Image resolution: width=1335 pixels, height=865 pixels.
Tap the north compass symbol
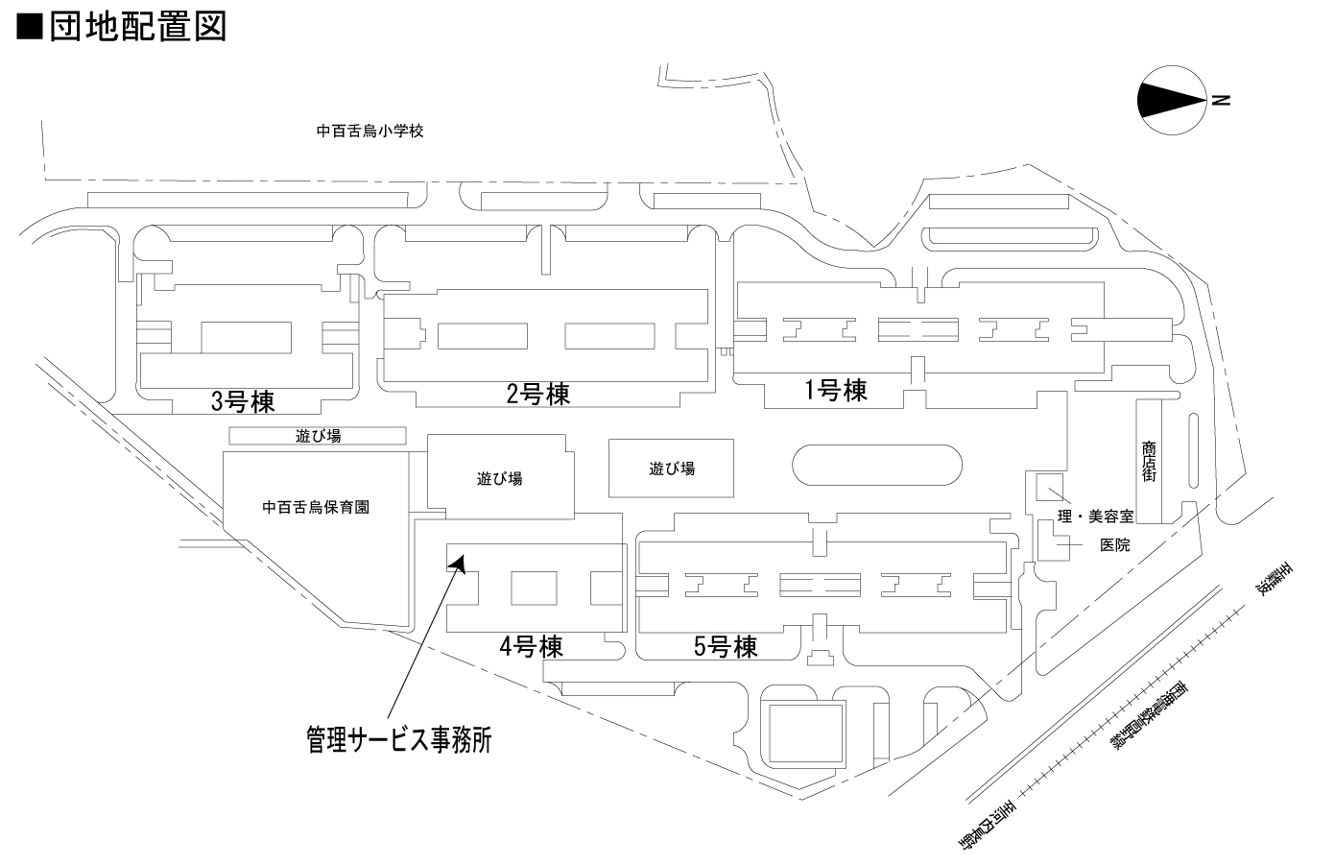(1171, 100)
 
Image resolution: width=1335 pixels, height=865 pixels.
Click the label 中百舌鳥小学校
(370, 131)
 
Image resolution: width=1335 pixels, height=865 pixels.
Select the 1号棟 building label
(835, 391)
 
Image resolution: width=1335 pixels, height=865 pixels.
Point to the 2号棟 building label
(538, 394)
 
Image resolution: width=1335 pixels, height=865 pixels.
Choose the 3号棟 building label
(243, 400)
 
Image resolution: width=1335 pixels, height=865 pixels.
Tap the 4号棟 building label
(531, 646)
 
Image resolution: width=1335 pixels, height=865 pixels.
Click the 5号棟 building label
(726, 647)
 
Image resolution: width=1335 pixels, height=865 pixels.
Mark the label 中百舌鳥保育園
(316, 508)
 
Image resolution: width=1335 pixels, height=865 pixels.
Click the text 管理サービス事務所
(399, 739)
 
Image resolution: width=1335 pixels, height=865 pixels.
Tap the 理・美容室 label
(1095, 517)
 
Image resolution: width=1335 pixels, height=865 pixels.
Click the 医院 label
(1114, 544)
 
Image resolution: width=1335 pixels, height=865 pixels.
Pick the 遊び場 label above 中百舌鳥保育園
(319, 436)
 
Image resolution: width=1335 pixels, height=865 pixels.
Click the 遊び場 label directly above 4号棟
(499, 478)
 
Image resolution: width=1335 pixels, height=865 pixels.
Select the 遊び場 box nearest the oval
(672, 469)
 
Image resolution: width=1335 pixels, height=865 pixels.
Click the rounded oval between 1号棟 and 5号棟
(876, 466)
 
